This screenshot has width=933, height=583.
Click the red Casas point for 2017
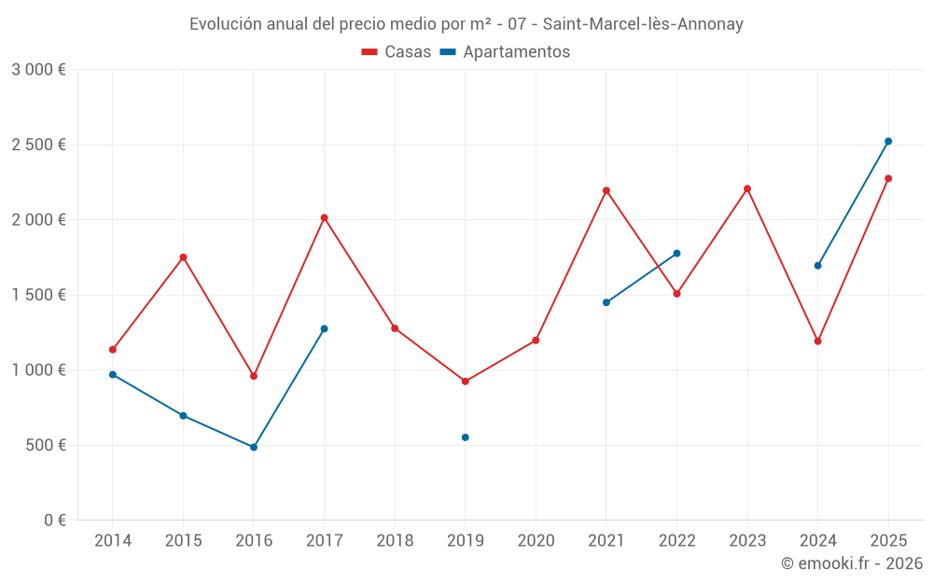coord(324,218)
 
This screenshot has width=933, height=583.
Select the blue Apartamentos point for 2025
coord(888,142)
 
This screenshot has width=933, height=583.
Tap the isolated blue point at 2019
coord(465,437)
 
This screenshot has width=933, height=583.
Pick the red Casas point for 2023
coord(747,189)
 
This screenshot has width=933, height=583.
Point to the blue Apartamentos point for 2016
coord(254,448)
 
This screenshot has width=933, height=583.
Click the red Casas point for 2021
coord(606,190)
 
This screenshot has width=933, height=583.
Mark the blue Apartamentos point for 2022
coord(676,254)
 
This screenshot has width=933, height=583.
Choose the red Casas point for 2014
coord(113,350)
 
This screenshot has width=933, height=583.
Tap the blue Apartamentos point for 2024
coord(817,266)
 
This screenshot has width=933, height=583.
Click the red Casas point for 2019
coord(465,382)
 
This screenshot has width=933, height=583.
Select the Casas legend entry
coord(397,52)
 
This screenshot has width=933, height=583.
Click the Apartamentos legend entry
coord(505,52)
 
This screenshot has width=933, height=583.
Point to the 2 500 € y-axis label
coord(39,145)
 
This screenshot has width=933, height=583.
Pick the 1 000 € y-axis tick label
coord(39,370)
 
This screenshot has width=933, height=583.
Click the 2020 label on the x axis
coord(536,541)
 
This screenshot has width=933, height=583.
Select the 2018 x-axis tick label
coord(395,541)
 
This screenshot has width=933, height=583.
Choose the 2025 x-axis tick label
coord(888,541)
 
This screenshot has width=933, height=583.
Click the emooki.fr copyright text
coord(851,563)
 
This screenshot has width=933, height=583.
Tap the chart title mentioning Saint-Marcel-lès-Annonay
coord(466,24)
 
